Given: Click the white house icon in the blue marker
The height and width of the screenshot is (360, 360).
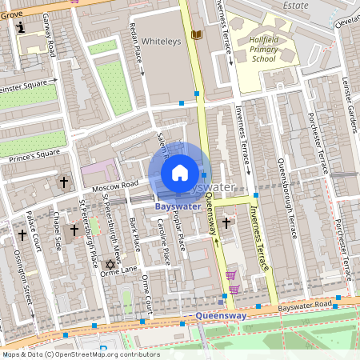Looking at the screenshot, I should click(180, 172).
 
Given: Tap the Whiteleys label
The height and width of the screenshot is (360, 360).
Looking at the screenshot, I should click(167, 38).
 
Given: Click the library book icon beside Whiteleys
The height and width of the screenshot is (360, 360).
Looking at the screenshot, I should click(197, 35).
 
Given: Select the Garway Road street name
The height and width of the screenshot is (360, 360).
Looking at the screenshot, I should click(50, 36).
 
